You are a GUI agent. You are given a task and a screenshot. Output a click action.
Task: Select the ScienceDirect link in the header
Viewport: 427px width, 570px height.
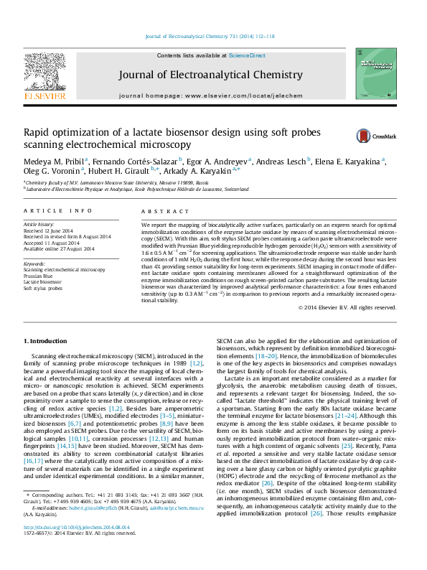(x=247, y=55)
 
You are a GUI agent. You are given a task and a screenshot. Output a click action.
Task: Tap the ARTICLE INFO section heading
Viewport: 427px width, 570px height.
(x=58, y=211)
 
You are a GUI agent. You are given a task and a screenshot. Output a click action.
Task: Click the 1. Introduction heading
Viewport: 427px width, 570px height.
(x=47, y=340)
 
